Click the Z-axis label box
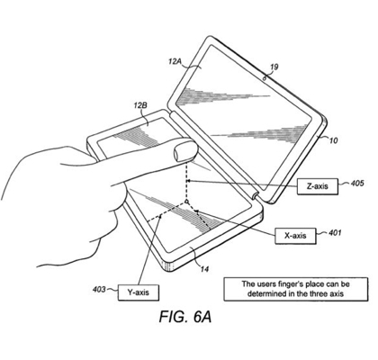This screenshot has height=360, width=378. click(x=318, y=186)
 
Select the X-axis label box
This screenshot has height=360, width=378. click(x=295, y=236)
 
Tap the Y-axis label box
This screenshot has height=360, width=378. click(x=139, y=292)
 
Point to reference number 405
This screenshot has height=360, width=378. click(x=357, y=183)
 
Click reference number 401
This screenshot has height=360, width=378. click(x=335, y=232)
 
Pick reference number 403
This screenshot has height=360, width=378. click(x=99, y=290)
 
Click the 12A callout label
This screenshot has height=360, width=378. click(x=175, y=62)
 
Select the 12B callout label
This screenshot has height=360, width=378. click(x=140, y=105)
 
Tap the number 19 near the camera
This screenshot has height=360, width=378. click(x=274, y=67)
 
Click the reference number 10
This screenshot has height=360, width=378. click(x=333, y=140)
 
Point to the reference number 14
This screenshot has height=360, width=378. click(x=204, y=269)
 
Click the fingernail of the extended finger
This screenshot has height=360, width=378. click(x=185, y=151)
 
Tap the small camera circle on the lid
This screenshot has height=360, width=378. click(x=265, y=79)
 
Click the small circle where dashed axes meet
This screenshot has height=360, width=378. click(x=186, y=202)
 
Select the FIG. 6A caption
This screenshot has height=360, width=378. click(x=185, y=317)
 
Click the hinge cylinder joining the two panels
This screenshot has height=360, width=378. click(x=256, y=195)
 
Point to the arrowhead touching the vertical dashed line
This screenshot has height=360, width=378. click(x=189, y=181)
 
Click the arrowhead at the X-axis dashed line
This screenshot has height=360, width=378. click(x=196, y=211)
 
